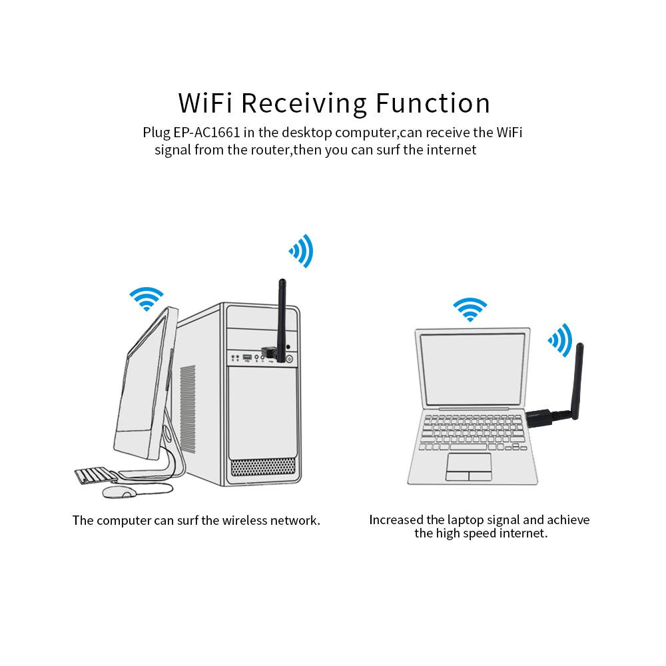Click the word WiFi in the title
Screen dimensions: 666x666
click(x=205, y=103)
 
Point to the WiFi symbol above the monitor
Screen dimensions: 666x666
click(x=147, y=298)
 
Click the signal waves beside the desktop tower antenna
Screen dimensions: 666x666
click(x=301, y=251)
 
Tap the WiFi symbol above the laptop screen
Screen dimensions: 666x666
click(x=470, y=310)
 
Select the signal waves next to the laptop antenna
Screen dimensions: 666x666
click(x=560, y=340)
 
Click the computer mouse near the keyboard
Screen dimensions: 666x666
click(x=119, y=492)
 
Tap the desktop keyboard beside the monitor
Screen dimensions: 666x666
click(x=95, y=476)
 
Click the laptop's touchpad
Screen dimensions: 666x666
click(x=469, y=466)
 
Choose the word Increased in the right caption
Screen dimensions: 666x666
click(x=397, y=519)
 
